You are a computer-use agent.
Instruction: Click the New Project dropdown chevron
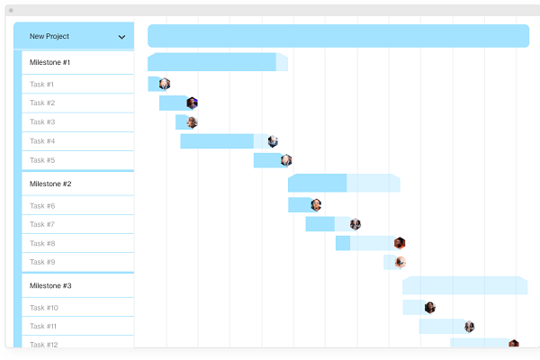point(121,37)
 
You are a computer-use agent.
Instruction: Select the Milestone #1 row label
point(49,63)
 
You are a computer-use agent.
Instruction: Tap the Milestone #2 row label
point(49,184)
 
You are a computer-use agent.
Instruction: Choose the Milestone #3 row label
point(49,286)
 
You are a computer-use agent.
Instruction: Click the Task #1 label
point(41,85)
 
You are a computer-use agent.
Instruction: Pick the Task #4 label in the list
point(42,141)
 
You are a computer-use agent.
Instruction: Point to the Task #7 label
point(42,224)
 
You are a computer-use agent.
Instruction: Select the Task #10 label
point(44,308)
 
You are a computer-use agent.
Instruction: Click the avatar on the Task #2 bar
point(192,103)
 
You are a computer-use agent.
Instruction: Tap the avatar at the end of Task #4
point(273,141)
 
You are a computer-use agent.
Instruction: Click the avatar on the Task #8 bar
point(400,243)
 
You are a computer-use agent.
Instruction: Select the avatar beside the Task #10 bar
point(430,308)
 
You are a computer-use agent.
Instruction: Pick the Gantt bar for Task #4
point(217,141)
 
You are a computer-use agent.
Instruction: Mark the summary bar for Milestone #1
point(212,62)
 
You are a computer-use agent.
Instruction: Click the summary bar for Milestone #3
point(464,285)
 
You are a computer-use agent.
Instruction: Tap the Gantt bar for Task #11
point(441,327)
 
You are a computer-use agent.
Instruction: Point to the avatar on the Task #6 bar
point(316,205)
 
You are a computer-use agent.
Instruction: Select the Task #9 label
point(42,262)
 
